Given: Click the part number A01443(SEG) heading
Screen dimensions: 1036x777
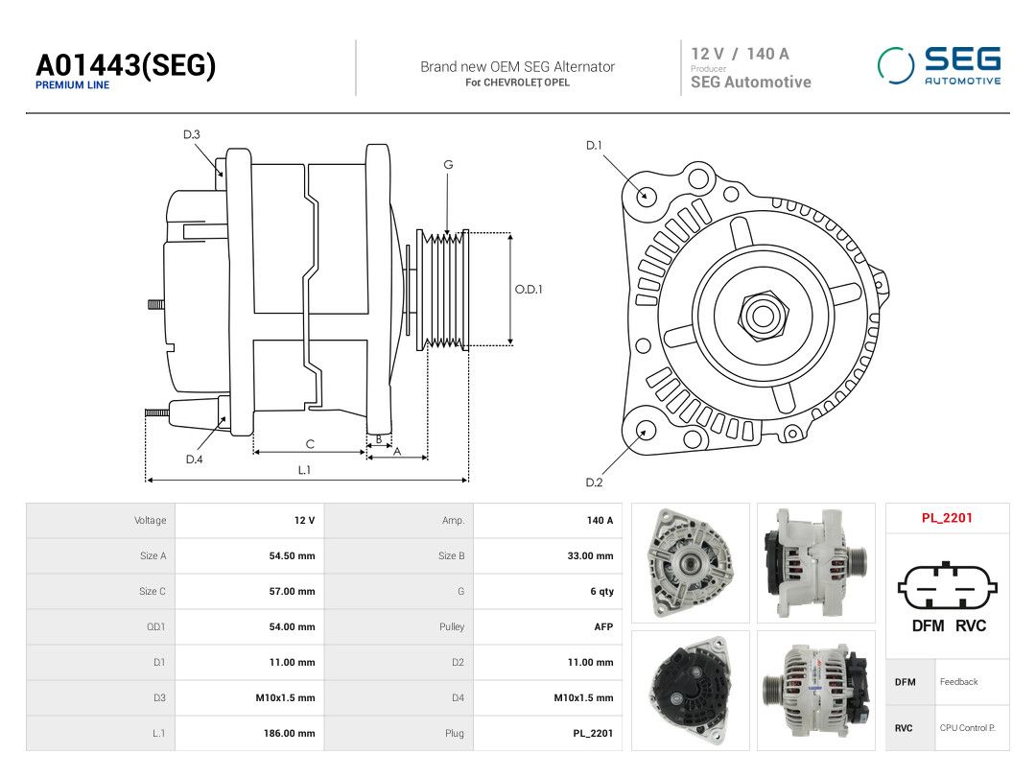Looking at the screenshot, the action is click(x=126, y=65).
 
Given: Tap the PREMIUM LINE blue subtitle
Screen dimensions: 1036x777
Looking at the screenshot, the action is click(x=72, y=85).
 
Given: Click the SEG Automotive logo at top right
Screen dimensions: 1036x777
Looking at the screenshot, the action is click(x=939, y=65).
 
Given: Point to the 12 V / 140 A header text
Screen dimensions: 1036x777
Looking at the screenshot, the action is click(x=740, y=54).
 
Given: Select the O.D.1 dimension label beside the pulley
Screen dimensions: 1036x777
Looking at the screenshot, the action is click(x=529, y=290).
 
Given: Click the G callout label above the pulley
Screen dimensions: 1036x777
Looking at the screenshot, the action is click(x=448, y=165).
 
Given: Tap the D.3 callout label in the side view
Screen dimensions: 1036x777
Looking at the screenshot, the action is click(x=192, y=135).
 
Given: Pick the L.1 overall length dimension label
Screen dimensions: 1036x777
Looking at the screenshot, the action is click(x=304, y=470).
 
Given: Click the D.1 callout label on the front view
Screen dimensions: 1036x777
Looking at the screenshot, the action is click(x=594, y=146).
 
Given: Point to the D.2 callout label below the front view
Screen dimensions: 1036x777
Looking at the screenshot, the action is click(x=594, y=483).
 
